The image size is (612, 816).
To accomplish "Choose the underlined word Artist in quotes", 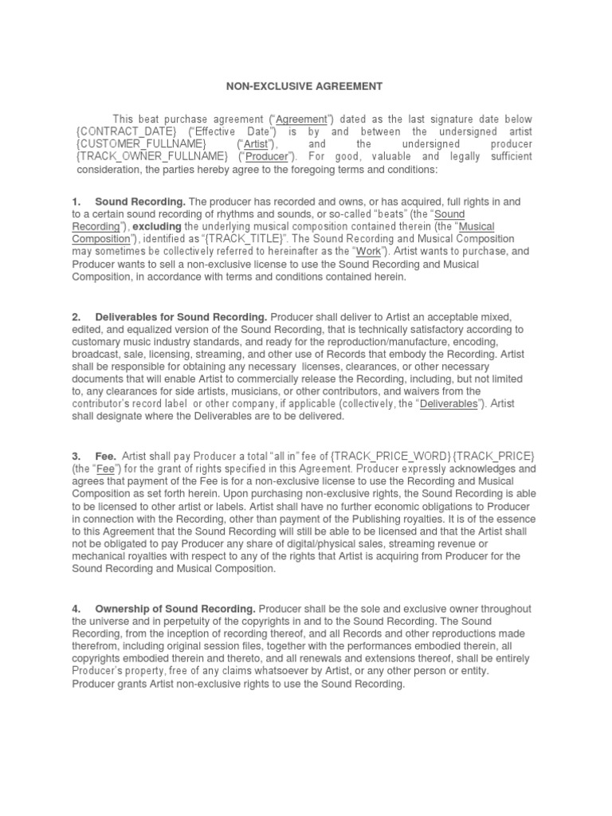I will pyautogui.click(x=256, y=144).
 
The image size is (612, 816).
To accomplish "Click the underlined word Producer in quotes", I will pyautogui.click(x=266, y=157).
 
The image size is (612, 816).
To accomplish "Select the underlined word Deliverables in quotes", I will pyautogui.click(x=449, y=404).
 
